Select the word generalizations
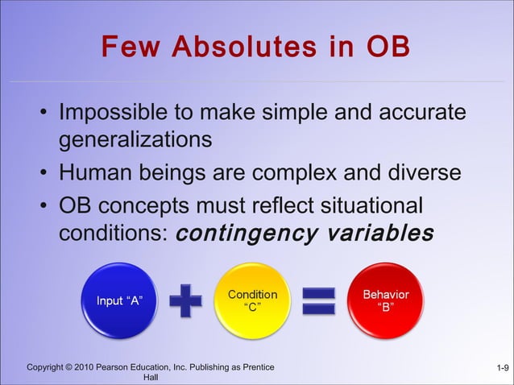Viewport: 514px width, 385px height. (x=135, y=139)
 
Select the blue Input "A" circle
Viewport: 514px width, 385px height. (x=120, y=300)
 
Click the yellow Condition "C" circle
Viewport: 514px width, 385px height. (x=252, y=300)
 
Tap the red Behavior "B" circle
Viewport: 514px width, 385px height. (x=385, y=300)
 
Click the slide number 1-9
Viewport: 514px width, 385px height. (x=501, y=368)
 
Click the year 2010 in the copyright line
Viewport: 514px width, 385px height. (x=83, y=367)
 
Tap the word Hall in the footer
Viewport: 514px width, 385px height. (x=150, y=377)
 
